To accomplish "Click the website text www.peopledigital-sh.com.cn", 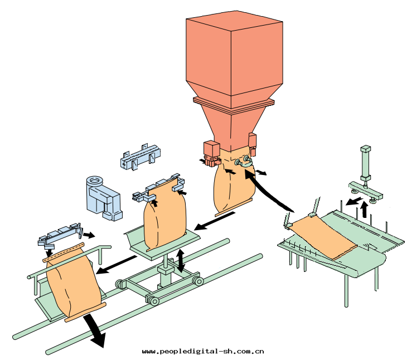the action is click(203, 352).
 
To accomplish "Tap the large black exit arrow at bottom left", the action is click(95, 330).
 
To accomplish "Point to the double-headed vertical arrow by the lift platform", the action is click(181, 261).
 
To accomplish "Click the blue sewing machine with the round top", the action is click(103, 198).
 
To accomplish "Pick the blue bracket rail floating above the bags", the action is click(140, 157).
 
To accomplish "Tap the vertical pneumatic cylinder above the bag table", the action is click(366, 166).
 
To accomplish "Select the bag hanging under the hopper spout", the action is click(234, 186).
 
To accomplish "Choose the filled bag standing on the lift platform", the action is click(165, 215).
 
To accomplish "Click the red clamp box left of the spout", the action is click(212, 153).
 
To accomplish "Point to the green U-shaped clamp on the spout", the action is click(244, 162).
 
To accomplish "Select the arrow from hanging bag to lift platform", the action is click(215, 221).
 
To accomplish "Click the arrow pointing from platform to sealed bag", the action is click(117, 265).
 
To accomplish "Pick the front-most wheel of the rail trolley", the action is click(154, 301).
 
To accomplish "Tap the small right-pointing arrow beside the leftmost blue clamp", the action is click(89, 235).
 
